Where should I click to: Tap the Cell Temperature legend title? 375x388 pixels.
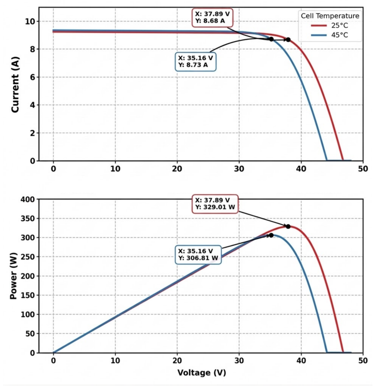[330, 16]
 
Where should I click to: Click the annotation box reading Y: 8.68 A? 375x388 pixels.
[212, 18]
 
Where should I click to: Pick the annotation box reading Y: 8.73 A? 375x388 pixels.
[196, 62]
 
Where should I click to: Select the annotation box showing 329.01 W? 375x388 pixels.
[215, 204]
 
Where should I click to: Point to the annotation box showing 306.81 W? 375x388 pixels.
[198, 255]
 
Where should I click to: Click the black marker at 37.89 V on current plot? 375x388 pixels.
[288, 40]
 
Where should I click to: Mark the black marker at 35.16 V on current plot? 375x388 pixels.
[271, 39]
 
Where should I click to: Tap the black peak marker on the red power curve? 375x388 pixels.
[288, 226]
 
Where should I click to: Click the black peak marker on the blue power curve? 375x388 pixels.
[271, 235]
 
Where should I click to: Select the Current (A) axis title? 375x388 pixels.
[15, 85]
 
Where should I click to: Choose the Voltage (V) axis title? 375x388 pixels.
[201, 373]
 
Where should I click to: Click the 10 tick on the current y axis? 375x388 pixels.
[30, 22]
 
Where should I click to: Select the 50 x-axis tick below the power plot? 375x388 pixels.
[363, 361]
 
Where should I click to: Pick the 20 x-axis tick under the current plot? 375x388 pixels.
[177, 169]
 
